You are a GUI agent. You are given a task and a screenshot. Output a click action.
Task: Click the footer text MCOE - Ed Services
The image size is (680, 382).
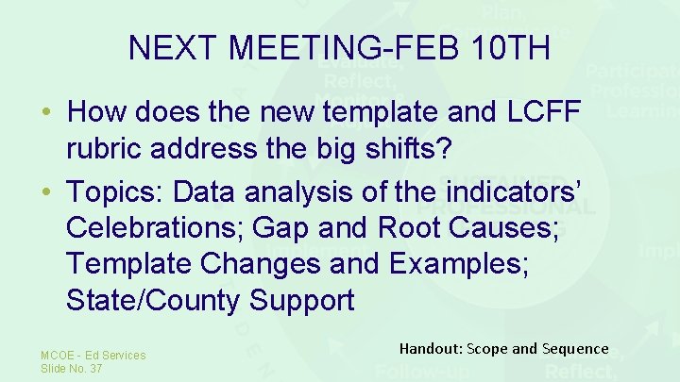pos(93,356)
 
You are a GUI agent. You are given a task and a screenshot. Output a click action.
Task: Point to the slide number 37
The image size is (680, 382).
pos(94,369)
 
